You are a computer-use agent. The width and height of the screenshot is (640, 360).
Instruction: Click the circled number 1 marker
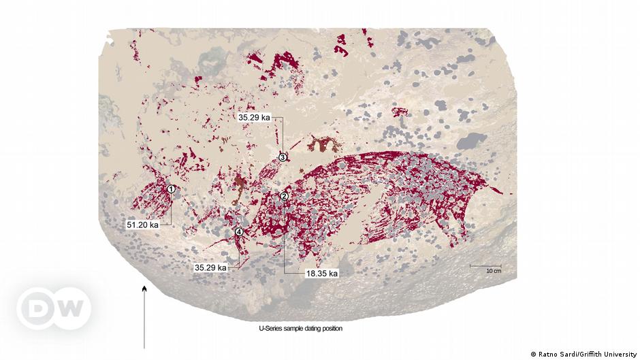(x=172, y=189)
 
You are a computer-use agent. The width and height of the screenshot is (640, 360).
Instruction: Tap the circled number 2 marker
(x=285, y=197)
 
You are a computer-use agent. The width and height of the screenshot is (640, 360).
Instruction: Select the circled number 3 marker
(x=283, y=157)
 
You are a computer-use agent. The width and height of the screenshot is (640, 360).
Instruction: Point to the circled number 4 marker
(x=239, y=232)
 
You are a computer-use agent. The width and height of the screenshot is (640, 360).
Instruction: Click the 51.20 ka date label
(x=143, y=224)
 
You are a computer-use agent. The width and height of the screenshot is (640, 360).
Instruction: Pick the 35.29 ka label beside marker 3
(x=255, y=117)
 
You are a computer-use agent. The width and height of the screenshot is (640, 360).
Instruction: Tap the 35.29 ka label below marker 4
(x=210, y=268)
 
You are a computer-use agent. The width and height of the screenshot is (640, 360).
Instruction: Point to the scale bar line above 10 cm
(x=485, y=265)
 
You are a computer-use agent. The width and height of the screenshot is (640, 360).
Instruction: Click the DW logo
(x=54, y=309)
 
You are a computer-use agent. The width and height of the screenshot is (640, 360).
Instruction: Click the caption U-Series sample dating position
(x=300, y=329)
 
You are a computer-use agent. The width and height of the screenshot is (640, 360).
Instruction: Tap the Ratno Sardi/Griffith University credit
(x=583, y=354)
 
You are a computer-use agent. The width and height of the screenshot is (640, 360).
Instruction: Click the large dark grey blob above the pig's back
(x=471, y=142)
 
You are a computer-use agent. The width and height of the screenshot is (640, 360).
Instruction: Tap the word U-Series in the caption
(x=270, y=329)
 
